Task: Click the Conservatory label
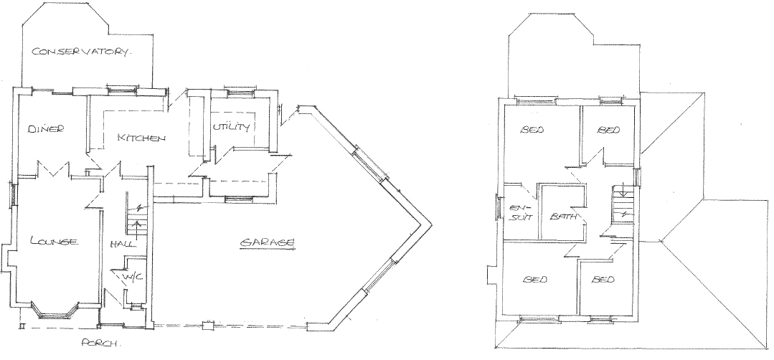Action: pos(82,52)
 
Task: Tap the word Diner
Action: pos(46,129)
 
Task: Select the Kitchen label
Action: pos(141,138)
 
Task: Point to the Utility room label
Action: pos(231,127)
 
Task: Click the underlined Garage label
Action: pos(268,242)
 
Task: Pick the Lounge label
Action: pos(54,241)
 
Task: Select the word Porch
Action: pos(100,343)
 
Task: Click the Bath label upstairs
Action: pos(563,217)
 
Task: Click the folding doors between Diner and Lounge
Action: pos(53,169)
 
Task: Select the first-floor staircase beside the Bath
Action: pos(623,204)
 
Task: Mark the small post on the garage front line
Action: pos(208,325)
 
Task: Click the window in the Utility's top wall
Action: pos(240,91)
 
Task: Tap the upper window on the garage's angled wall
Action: pos(370,165)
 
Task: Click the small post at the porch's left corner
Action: pos(22,326)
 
